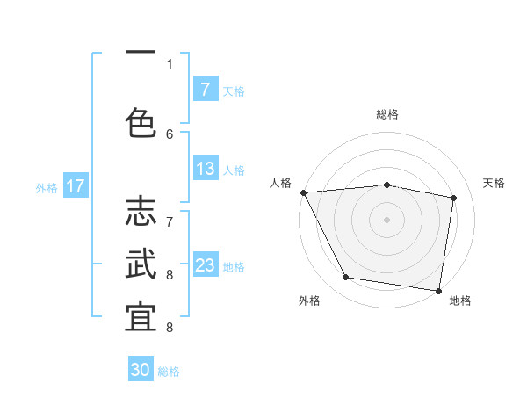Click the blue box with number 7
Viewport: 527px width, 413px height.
205,89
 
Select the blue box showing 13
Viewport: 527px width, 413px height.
205,169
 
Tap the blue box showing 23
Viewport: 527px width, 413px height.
205,265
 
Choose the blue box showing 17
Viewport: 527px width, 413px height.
75,186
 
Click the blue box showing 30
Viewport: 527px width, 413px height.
141,370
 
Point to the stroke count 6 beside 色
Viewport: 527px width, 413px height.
170,134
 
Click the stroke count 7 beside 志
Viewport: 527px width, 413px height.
170,212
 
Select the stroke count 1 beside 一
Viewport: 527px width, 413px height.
170,63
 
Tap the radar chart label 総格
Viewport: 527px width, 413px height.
386,114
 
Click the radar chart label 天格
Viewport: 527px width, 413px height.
495,183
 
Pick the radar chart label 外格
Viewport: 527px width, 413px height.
309,301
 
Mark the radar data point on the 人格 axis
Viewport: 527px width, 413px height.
303,192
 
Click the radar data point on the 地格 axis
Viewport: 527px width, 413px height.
438,290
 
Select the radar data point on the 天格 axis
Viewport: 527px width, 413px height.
453,198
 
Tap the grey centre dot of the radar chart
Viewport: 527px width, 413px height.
386,220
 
